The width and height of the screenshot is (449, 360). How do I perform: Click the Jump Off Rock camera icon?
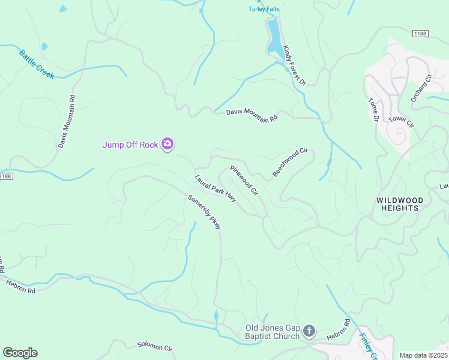(x=167, y=144)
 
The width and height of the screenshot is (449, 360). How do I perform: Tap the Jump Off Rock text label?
(x=130, y=145)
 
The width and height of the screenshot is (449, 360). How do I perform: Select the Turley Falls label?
(x=265, y=8)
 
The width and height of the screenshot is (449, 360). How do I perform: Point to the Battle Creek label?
(x=36, y=64)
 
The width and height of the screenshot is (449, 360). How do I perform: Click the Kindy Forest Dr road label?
(x=295, y=65)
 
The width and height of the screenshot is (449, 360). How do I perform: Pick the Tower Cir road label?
(x=402, y=120)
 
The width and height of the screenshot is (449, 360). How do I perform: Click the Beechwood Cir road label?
(x=290, y=162)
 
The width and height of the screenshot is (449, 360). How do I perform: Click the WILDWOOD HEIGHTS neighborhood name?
(x=399, y=204)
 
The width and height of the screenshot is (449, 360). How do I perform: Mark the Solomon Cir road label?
(x=155, y=347)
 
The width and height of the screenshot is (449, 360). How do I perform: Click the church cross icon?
(x=309, y=331)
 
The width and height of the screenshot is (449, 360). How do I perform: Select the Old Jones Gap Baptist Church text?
(x=273, y=332)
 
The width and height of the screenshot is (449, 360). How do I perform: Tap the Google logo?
(x=20, y=353)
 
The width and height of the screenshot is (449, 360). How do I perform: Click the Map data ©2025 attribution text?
(x=423, y=355)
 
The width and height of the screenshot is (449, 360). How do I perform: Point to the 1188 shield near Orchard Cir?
(x=420, y=34)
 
